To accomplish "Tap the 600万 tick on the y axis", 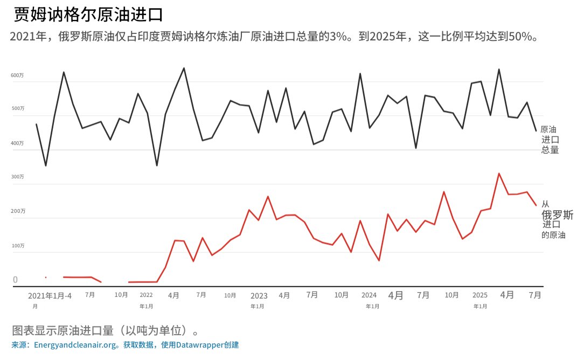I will (x=17, y=75).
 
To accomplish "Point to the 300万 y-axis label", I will (x=17, y=177).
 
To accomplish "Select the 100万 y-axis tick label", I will (x=17, y=246).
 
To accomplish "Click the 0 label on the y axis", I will (x=15, y=280).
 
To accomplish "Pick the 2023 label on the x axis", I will (x=259, y=295).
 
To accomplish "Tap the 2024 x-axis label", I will (x=369, y=295).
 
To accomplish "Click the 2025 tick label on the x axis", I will (x=479, y=295).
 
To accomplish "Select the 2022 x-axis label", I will (x=146, y=295).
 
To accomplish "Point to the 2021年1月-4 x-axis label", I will (x=50, y=295).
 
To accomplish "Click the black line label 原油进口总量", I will (x=550, y=140).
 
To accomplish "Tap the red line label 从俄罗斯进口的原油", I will (x=555, y=219).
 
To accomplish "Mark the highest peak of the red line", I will (x=499, y=174).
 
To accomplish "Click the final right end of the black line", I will (x=536, y=130).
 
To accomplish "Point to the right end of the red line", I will (x=536, y=205).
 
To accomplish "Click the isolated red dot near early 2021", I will (x=46, y=278).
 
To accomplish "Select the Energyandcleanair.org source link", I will (x=75, y=345).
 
